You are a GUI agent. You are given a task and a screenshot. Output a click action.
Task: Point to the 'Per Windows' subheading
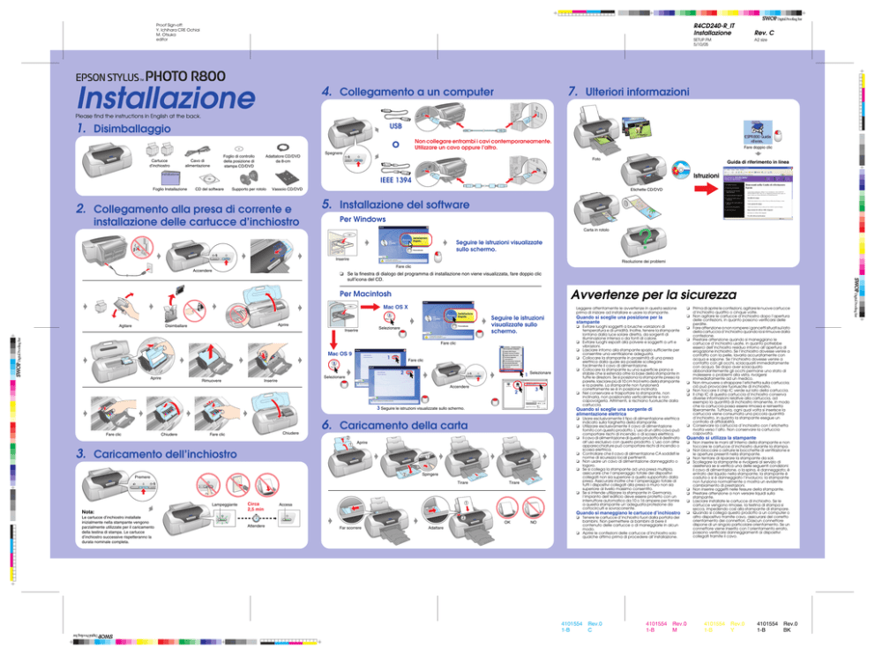coord(363,218)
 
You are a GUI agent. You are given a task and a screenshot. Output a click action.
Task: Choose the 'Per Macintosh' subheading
coord(366,294)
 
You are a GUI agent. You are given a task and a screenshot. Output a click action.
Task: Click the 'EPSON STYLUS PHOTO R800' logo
coord(133,75)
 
